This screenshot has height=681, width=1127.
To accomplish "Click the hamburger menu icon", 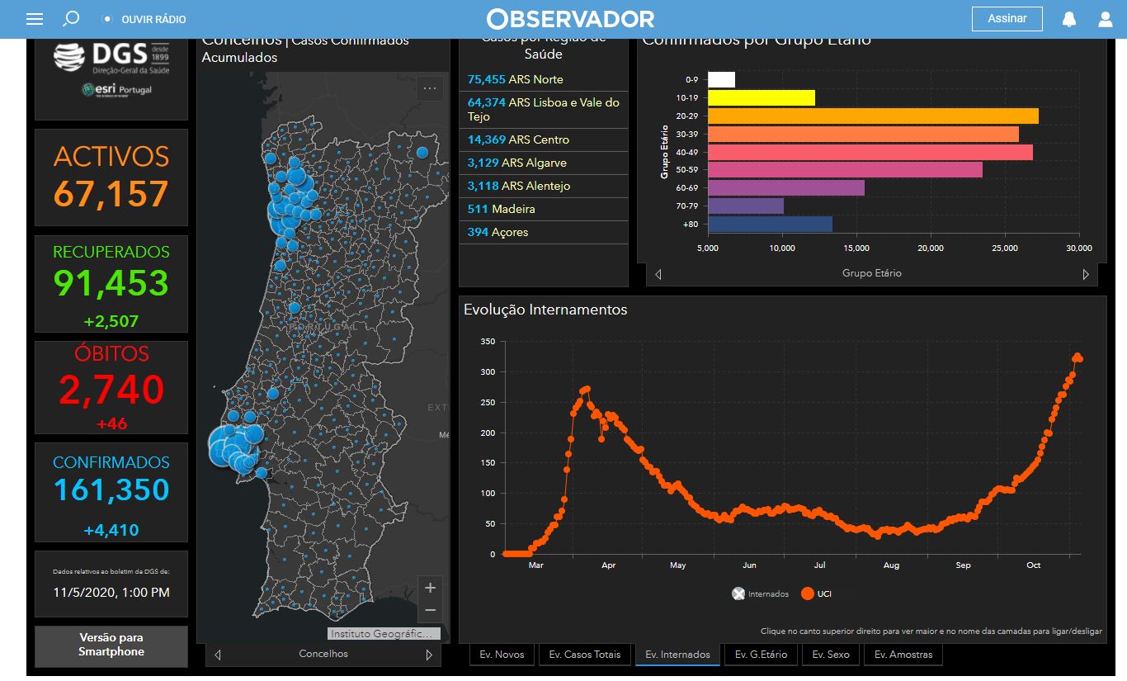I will click(x=35, y=19).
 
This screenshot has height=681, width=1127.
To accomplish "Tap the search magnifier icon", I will click(x=72, y=18).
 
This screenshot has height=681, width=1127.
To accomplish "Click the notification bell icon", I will click(x=1069, y=19).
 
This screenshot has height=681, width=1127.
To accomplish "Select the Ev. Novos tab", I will click(x=502, y=655).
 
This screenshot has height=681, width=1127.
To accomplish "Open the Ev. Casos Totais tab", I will click(x=585, y=655).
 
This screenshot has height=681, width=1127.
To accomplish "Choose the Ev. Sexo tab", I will click(x=830, y=655).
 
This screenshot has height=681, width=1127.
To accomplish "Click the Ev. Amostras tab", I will click(x=903, y=655).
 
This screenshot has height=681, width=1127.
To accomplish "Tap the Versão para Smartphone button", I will click(x=111, y=645).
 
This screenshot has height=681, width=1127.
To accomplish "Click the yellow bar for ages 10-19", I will click(x=761, y=98).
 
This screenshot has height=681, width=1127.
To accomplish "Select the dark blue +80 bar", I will click(x=770, y=224).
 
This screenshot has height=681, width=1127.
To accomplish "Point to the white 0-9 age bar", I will click(x=721, y=80).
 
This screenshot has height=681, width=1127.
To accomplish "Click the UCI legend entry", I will click(x=816, y=594).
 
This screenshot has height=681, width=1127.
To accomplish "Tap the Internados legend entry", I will click(x=761, y=594).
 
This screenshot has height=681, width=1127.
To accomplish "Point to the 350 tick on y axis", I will click(x=487, y=342).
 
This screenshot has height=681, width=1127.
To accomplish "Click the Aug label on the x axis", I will click(x=891, y=565).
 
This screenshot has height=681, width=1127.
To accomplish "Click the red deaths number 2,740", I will click(x=111, y=390).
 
